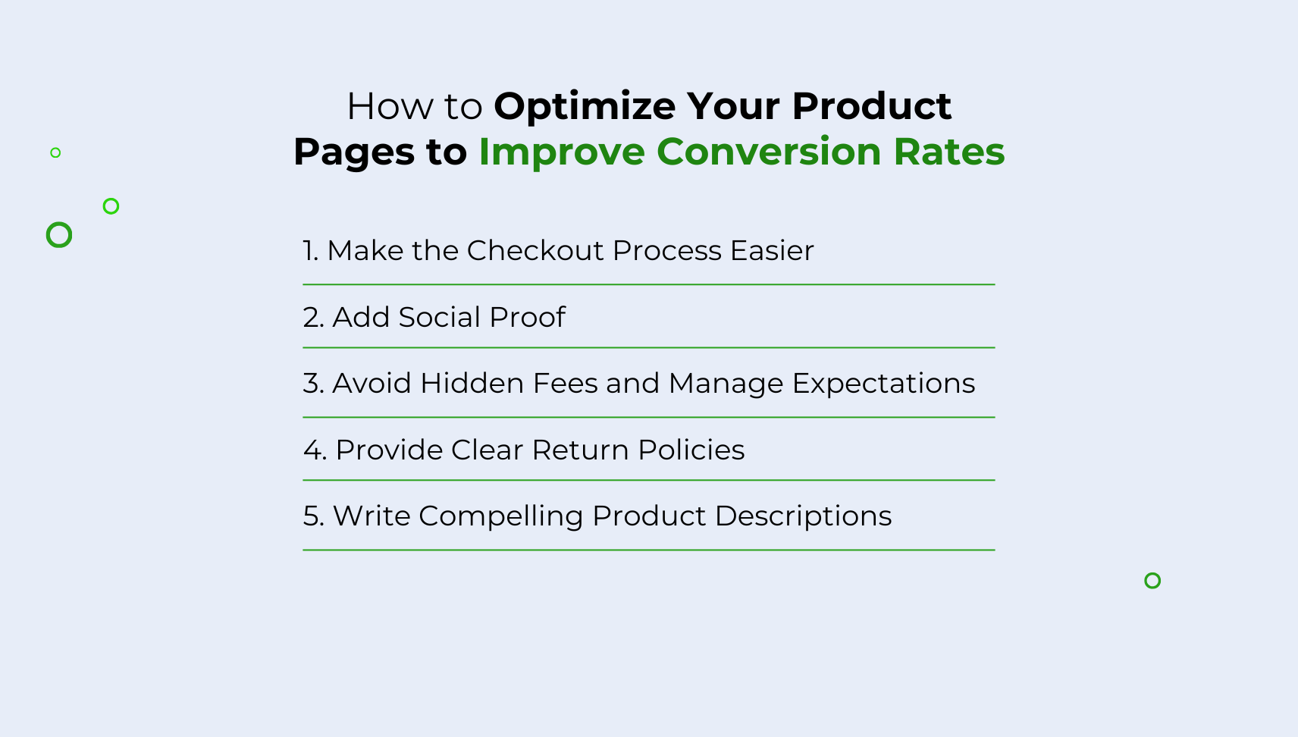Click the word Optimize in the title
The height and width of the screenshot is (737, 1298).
585,106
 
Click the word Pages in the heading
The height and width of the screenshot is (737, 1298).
353,152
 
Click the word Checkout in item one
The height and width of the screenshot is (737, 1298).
535,250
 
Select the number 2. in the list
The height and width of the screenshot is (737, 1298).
313,317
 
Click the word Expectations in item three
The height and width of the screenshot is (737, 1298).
883,384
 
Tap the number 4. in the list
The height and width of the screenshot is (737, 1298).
315,450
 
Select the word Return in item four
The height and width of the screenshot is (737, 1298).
580,450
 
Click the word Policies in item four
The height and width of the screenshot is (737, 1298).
691,450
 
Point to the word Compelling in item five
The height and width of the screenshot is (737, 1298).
500,516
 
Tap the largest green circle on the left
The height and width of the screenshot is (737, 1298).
59,235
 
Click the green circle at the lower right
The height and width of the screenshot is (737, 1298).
1152,581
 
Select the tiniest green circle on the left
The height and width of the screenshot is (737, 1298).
55,152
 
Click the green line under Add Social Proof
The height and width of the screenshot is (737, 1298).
648,348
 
